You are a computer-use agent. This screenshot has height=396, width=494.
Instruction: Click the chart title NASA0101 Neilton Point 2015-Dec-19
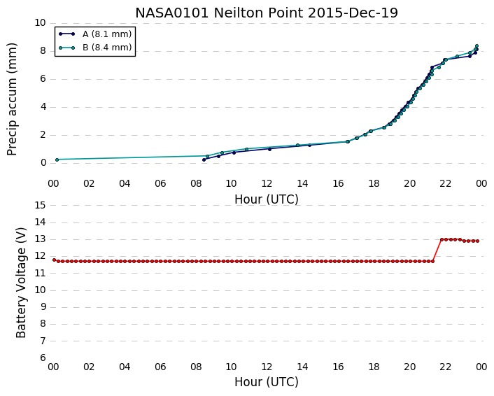point(267,13)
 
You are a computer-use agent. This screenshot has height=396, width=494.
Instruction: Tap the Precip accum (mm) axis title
point(12,99)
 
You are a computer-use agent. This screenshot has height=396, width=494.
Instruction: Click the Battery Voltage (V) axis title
point(21,283)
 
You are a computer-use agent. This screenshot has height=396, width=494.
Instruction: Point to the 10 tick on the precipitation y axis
point(41,22)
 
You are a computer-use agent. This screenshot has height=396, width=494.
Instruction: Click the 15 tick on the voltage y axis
point(41,206)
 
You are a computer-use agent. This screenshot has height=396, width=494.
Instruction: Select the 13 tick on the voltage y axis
point(41,239)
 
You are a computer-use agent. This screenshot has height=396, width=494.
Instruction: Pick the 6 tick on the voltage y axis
point(43,358)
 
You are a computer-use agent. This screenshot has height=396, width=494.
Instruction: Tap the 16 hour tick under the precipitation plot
point(338,183)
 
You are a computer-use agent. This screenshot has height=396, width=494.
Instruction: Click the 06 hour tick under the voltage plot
point(160,367)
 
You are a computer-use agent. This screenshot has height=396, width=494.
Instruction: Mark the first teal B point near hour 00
point(57,160)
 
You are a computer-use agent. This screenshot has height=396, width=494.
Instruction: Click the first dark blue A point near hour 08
point(204,160)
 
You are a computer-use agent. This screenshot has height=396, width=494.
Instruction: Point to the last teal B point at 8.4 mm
point(477,46)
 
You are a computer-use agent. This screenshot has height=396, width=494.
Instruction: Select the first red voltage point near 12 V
point(54,260)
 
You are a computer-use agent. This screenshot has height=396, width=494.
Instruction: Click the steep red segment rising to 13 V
point(437,250)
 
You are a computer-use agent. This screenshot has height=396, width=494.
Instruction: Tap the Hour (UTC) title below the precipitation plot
point(267,199)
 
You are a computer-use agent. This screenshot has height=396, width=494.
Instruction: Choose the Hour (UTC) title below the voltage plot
point(267,382)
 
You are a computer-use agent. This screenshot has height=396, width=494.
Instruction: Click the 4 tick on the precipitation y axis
point(43,107)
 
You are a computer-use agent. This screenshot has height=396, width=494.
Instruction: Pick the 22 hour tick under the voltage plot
point(446,367)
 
